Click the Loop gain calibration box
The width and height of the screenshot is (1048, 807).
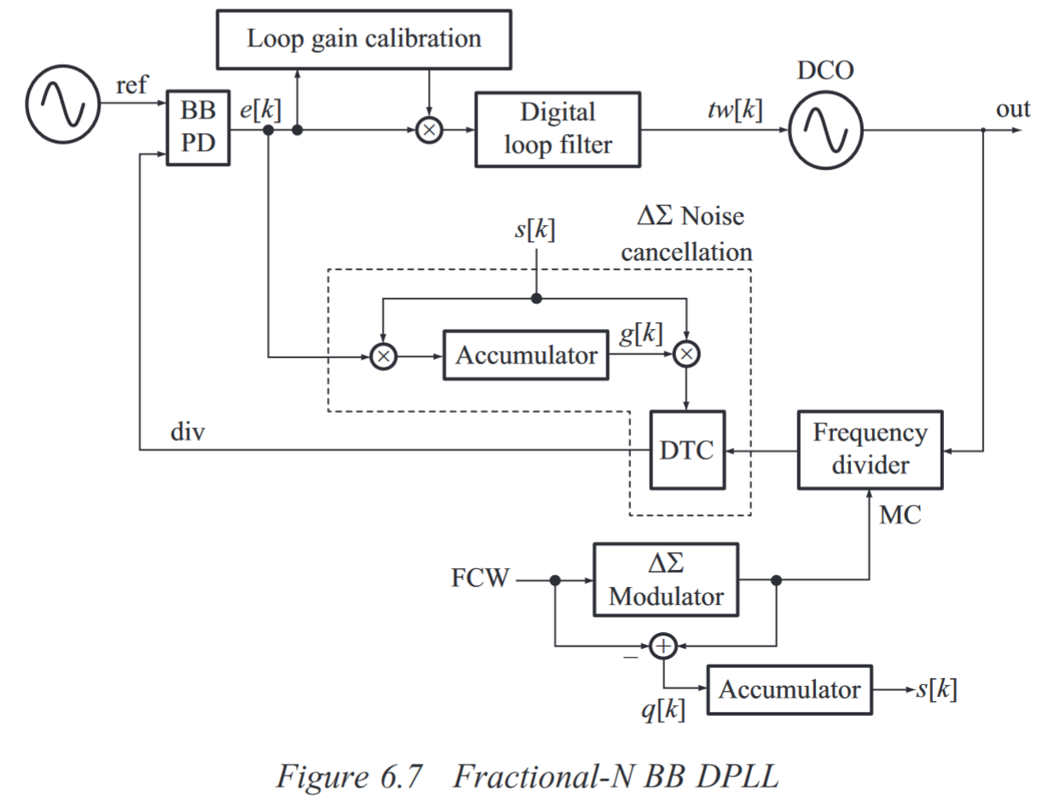(x=364, y=39)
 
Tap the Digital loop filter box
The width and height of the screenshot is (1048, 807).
(x=556, y=129)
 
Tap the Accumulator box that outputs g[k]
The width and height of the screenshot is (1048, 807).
(x=526, y=355)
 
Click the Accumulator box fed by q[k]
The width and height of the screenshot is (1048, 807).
(x=790, y=688)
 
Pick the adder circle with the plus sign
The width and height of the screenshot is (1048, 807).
(x=663, y=646)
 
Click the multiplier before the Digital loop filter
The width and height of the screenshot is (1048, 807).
(x=429, y=131)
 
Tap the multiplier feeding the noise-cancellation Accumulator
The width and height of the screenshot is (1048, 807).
(x=382, y=355)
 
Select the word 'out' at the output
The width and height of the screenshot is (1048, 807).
(x=1012, y=109)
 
